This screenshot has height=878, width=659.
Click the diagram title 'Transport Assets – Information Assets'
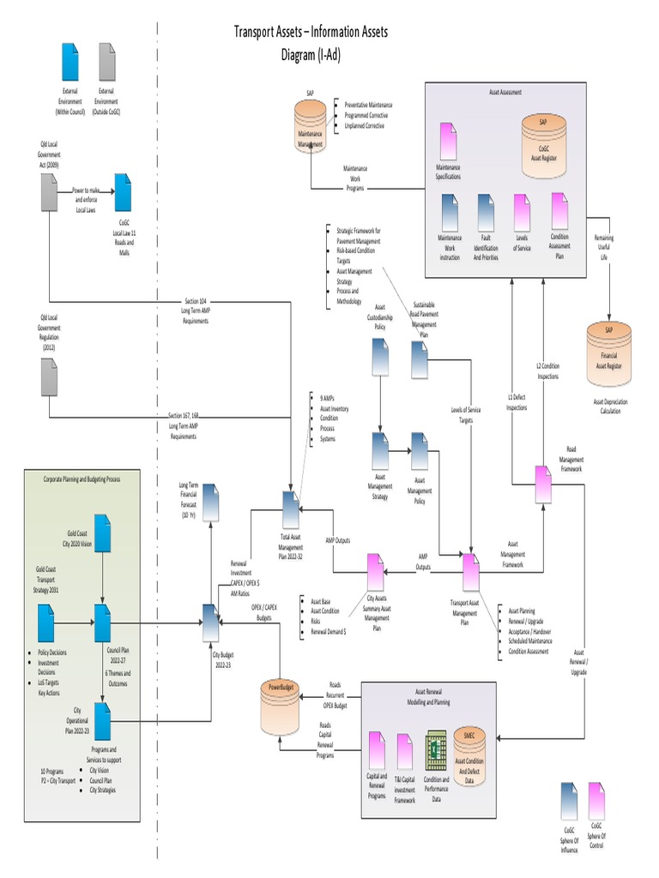311,33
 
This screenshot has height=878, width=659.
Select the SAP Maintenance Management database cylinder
310,125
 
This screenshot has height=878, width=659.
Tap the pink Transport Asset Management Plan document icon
470,571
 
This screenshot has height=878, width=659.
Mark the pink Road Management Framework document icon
543,485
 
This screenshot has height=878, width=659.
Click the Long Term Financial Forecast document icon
210,502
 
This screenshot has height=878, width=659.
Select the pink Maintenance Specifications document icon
448,140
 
